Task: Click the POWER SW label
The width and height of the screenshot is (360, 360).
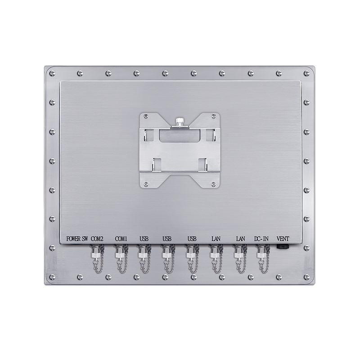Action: pos(77,239)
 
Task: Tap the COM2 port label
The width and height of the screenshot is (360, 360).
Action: pos(97,239)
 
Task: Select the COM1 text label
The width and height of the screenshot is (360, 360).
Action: pos(121,239)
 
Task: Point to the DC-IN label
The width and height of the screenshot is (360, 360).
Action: pos(261,239)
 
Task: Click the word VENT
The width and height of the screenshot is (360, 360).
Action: pos(283,239)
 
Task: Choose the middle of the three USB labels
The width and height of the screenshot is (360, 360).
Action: pos(167,239)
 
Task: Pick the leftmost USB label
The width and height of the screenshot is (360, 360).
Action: pos(144,239)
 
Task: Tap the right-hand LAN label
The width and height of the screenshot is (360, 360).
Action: pos(241,239)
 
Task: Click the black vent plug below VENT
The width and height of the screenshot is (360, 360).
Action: pos(283,247)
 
